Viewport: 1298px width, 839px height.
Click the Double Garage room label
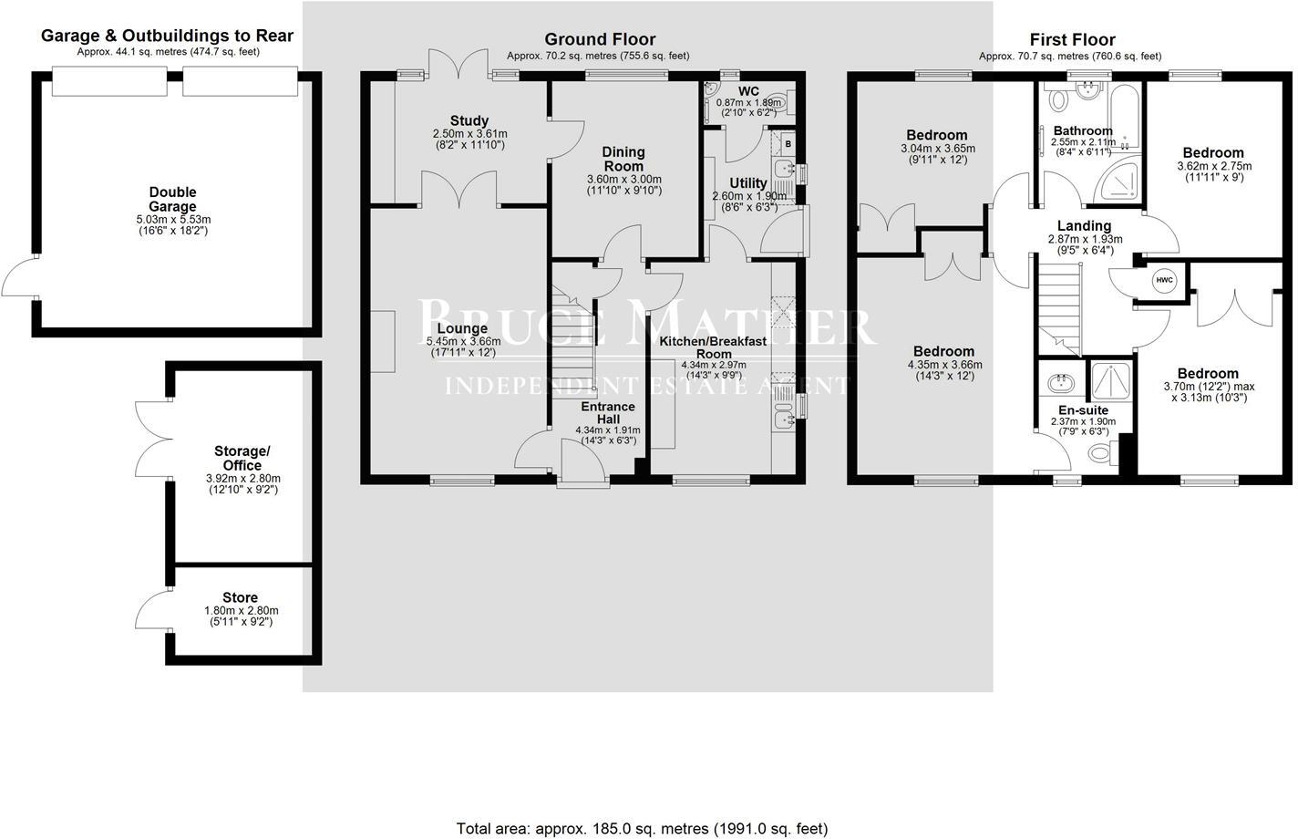coord(172,200)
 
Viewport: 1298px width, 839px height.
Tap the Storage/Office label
coord(242,458)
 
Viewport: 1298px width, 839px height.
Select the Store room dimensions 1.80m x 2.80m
coord(242,611)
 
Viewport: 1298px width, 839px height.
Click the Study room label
coord(469,120)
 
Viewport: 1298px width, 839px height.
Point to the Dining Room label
coord(623,159)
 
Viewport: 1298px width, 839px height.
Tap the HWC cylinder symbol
coord(1164,280)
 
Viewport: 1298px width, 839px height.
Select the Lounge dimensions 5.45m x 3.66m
coord(463,342)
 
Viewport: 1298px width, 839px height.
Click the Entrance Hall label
coord(608,412)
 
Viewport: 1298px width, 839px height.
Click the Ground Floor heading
coord(600,39)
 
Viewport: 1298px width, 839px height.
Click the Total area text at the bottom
coord(642,828)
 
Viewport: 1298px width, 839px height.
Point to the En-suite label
coord(1083,410)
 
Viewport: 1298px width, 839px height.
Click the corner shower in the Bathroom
coord(1120,182)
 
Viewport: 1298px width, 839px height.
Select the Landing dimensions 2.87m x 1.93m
coord(1085,239)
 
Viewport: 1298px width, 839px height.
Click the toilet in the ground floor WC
coord(777,102)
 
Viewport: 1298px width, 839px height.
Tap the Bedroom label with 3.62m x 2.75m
coord(1213,153)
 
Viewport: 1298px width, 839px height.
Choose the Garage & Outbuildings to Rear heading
coord(168,36)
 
